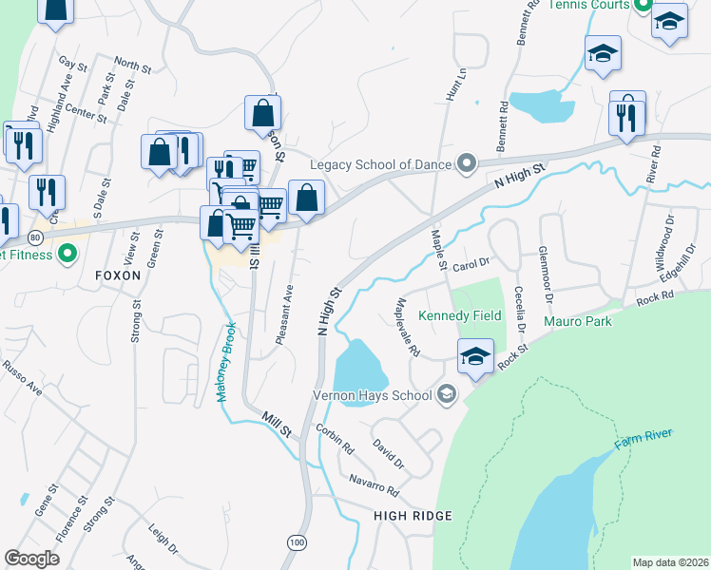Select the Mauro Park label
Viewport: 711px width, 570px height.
[578, 321]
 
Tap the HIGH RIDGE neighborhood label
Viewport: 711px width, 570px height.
[413, 515]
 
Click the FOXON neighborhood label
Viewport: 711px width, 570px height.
[118, 275]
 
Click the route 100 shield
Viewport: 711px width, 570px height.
[298, 541]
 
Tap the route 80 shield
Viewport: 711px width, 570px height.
[35, 236]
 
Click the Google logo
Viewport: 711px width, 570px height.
[32, 559]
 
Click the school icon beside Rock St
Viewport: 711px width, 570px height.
[475, 356]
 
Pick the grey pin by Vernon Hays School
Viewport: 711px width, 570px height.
[446, 394]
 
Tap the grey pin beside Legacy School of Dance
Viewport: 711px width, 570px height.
[466, 164]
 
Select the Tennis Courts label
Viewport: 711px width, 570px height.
[590, 5]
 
